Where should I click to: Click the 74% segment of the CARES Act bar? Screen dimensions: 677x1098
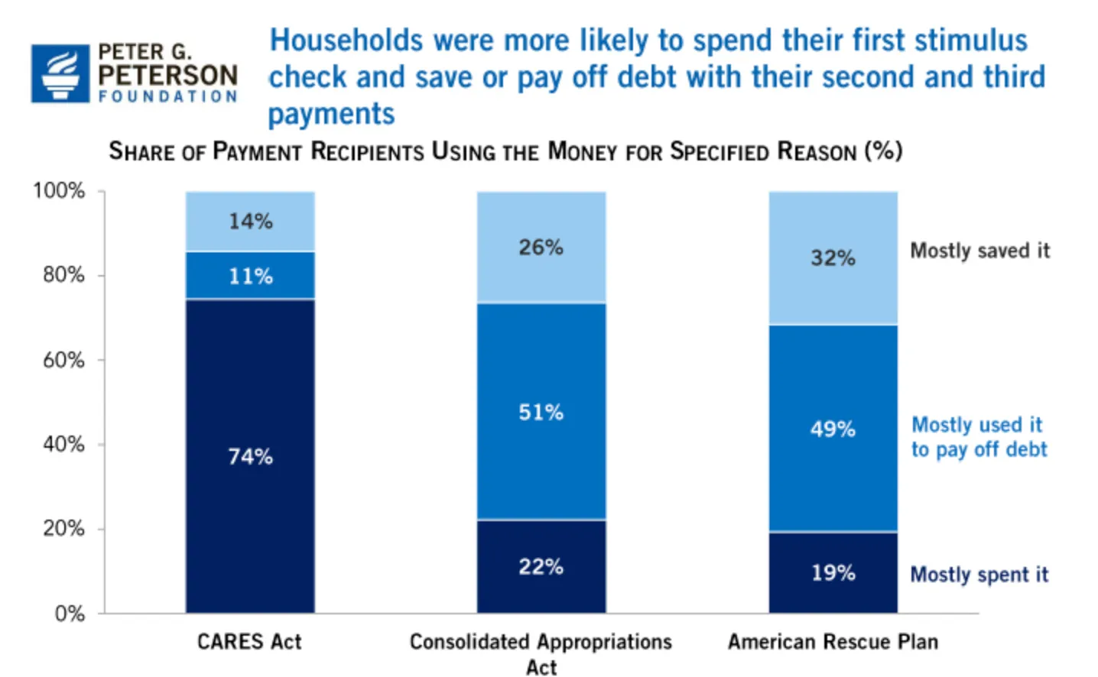click(250, 456)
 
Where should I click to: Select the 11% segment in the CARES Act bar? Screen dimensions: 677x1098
click(250, 275)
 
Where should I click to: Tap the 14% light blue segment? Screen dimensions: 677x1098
click(250, 221)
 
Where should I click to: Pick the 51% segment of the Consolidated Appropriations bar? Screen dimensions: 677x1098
click(541, 412)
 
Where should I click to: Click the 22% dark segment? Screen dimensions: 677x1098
click(541, 566)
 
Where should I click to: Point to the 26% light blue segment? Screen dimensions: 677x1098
click(541, 247)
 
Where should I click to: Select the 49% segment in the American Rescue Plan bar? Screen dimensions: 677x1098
click(833, 428)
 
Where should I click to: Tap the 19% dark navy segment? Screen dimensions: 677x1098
click(833, 572)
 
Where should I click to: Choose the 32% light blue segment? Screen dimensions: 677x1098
click(833, 258)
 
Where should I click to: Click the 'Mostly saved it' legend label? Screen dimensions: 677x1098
click(979, 251)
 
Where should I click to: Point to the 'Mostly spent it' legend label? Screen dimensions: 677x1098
click(979, 575)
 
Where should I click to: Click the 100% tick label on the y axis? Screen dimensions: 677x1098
click(59, 190)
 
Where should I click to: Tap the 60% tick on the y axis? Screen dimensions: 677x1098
click(63, 359)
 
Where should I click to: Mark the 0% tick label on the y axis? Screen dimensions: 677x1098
click(70, 614)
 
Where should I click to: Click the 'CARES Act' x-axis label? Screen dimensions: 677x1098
click(249, 642)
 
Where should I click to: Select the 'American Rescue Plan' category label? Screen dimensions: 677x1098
click(833, 642)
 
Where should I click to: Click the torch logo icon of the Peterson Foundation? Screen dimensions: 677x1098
click(60, 73)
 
